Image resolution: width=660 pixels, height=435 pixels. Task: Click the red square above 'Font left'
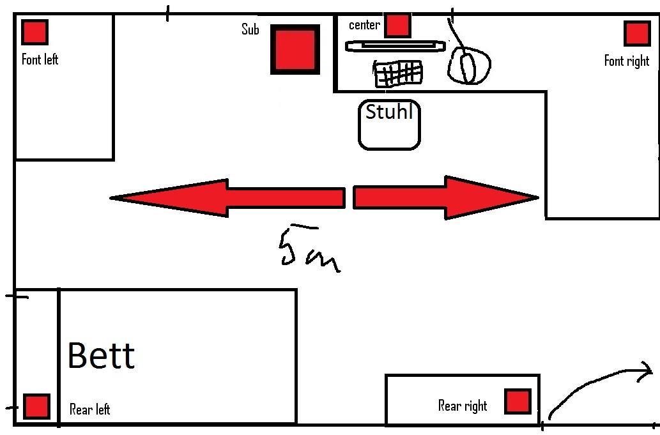35,32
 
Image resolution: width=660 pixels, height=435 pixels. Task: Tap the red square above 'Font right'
637,33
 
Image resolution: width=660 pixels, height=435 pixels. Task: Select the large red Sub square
295,49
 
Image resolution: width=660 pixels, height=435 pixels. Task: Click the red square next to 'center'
397,25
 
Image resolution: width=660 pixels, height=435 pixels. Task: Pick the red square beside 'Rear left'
36,406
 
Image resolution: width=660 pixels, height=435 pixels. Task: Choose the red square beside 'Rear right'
517,402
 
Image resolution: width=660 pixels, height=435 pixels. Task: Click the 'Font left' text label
40,59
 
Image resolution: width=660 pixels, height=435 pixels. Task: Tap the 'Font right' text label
626,61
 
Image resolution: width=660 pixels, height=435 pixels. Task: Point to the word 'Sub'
250,29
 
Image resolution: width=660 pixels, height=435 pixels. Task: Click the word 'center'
364,26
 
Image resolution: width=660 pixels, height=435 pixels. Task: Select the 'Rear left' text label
89,409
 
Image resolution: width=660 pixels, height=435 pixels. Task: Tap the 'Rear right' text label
463,406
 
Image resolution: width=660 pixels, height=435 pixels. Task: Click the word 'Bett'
101,355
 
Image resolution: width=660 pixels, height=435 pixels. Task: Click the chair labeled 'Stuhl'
389,125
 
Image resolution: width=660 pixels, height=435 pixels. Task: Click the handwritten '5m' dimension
309,250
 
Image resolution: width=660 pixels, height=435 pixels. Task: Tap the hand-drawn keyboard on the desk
398,73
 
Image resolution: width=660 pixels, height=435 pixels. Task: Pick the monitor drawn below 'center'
394,46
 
